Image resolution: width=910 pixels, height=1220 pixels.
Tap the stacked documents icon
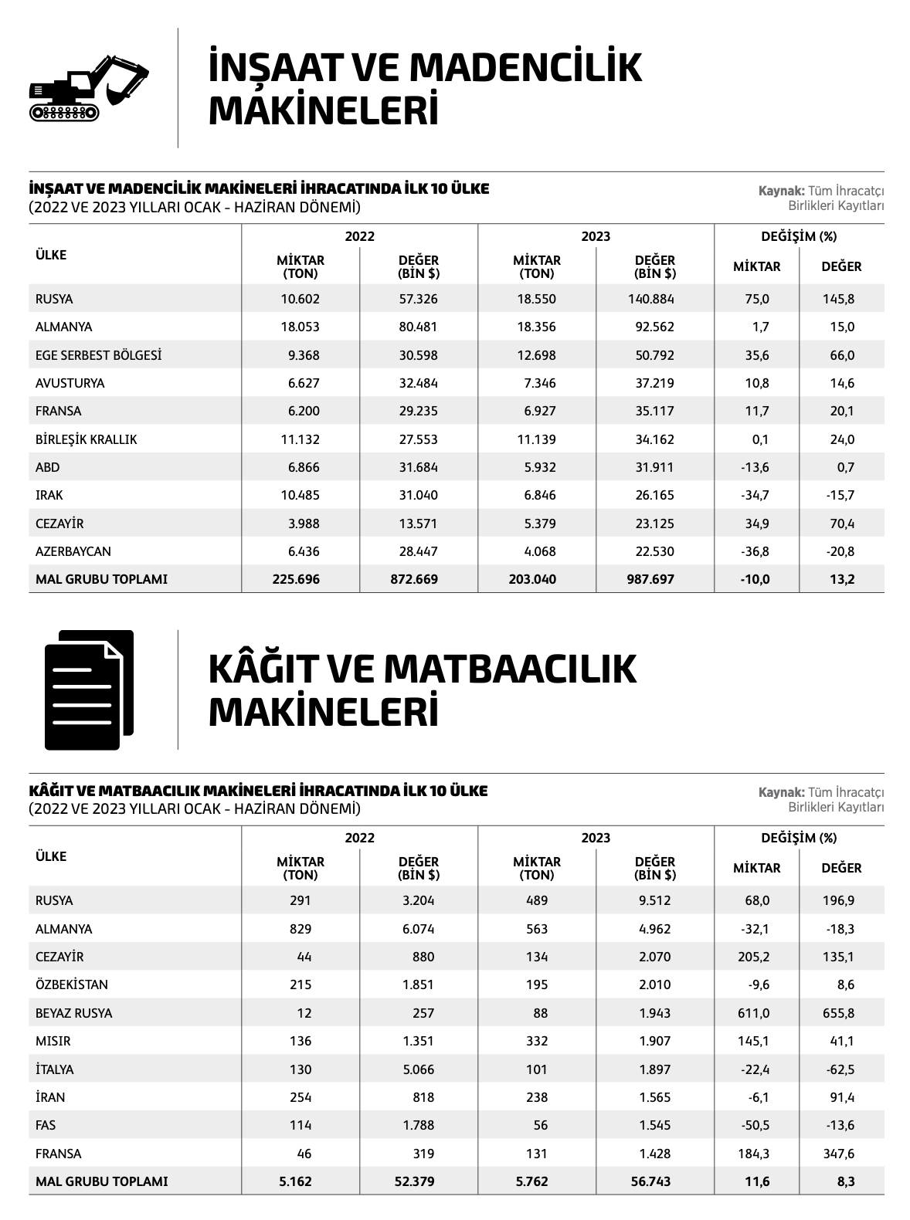point(89,689)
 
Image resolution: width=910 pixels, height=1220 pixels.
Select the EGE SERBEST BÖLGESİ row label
point(98,355)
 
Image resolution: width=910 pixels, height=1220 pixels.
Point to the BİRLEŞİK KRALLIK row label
point(86,439)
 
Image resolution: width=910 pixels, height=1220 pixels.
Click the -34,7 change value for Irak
point(756,495)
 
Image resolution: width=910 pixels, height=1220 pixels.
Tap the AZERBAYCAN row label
point(73,551)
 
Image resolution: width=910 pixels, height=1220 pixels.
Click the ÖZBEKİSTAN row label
point(72,984)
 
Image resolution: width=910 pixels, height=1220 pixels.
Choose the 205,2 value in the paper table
point(756,957)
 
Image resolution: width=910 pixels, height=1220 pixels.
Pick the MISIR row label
point(53,1041)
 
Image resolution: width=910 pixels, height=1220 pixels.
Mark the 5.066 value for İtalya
point(418,1069)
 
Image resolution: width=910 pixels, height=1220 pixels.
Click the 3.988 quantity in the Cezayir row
point(302,524)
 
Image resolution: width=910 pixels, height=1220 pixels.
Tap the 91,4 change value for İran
point(841,1097)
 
